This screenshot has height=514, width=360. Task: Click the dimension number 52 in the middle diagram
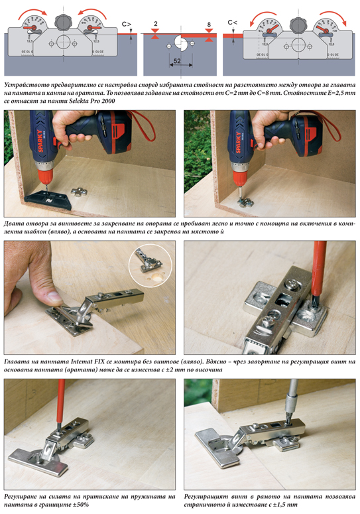pos(177,60)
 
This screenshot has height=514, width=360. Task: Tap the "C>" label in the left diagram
pos(127,24)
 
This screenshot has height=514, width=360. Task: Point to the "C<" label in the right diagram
pos(232,23)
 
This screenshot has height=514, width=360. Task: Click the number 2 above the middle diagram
pos(156,24)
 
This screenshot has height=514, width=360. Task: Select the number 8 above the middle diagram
pos(209,25)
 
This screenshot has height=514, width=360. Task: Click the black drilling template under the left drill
pos(48,200)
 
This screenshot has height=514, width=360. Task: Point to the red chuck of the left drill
pos(46,177)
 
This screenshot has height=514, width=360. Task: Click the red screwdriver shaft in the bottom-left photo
pos(60,401)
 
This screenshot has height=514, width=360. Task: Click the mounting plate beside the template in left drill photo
pos(79,192)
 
